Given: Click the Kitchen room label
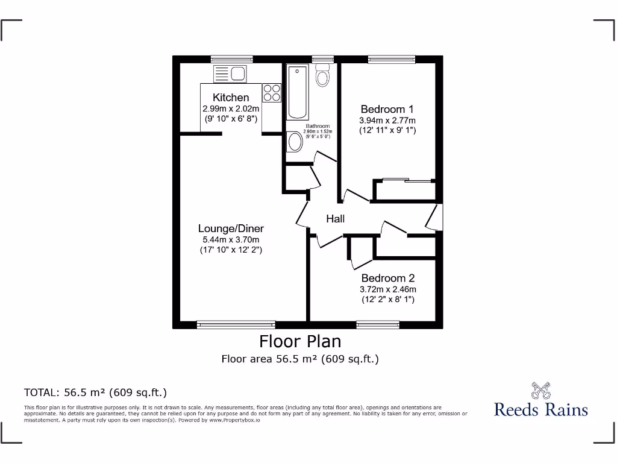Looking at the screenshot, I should coord(231,98).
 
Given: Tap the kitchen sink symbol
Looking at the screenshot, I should coord(229,74).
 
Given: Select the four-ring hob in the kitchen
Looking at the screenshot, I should coord(272,92).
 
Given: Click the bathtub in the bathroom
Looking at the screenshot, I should coord(297,93).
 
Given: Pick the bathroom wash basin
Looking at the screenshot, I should coord(295,142).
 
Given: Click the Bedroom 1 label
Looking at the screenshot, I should coord(387,109).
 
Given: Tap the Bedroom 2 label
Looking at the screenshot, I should coord(387,279).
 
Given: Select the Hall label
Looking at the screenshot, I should coord(336,219).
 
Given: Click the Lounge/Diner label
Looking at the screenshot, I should coord(231,228).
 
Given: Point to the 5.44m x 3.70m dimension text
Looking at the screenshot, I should coord(231,239).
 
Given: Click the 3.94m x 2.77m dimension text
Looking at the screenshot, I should coord(387,120).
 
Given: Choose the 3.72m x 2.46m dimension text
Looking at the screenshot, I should coord(387,289).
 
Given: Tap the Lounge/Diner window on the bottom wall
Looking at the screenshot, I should coord(236,325).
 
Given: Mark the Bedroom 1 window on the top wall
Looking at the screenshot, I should coord(392,59).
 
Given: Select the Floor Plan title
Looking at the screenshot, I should coord(300,342).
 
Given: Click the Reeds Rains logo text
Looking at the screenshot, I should coord(540,410).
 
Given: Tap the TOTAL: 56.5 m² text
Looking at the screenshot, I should coord(95,392).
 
